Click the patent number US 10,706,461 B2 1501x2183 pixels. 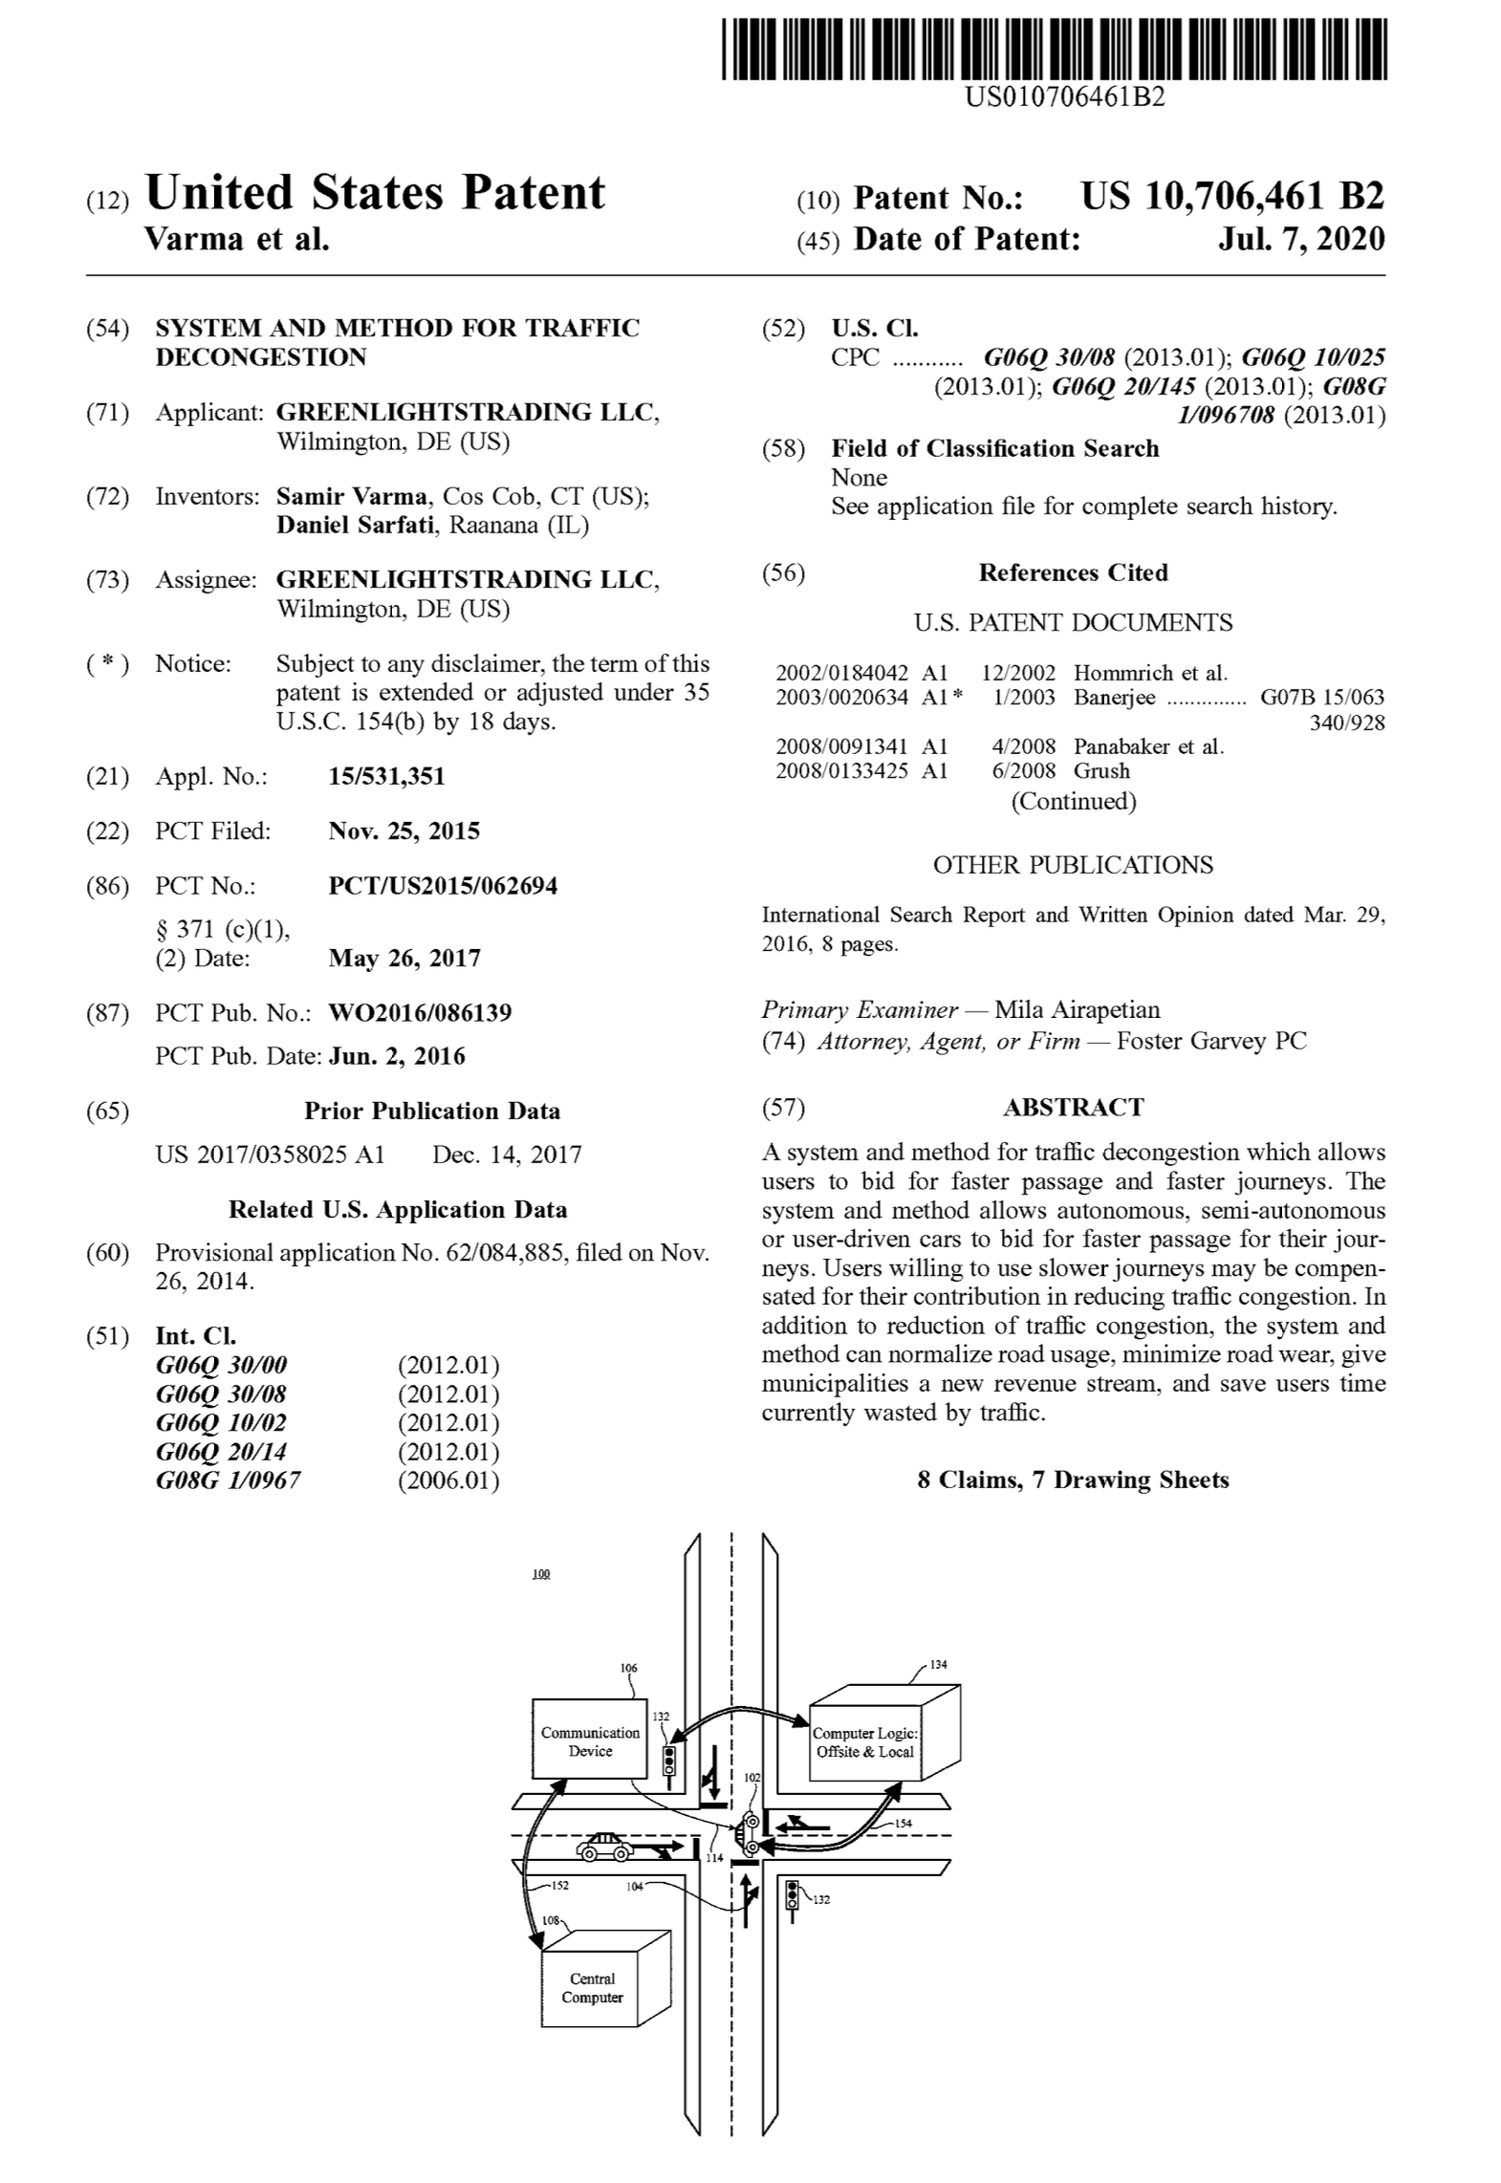click(x=1231, y=197)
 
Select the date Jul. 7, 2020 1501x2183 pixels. click(x=1300, y=239)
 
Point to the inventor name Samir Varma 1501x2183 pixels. click(x=351, y=497)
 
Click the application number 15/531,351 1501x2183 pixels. click(x=386, y=776)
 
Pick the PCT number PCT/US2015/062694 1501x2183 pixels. click(x=443, y=886)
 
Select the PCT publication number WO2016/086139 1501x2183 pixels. click(x=420, y=1012)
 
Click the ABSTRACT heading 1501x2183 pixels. click(x=1073, y=1107)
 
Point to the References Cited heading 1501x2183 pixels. click(x=1073, y=573)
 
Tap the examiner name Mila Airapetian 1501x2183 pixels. click(x=1077, y=1009)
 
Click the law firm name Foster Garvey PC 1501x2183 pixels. click(x=1210, y=1041)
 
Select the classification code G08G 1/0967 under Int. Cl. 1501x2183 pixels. click(x=228, y=1481)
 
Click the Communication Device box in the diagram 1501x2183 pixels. click(x=590, y=1740)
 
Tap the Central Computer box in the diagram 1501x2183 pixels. click(x=592, y=1989)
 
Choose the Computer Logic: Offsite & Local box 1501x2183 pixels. click(x=864, y=1742)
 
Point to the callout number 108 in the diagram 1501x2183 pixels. click(x=551, y=1920)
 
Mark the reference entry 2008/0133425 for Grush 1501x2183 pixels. click(x=841, y=771)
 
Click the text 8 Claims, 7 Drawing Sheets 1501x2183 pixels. click(x=1073, y=1480)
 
